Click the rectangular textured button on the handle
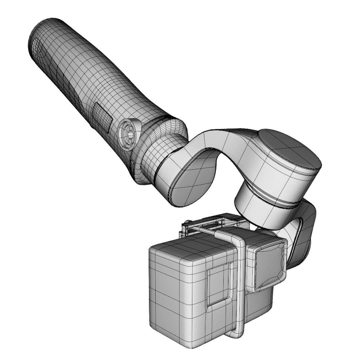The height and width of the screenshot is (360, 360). (x=102, y=116)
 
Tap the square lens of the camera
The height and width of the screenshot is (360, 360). (x=270, y=263)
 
